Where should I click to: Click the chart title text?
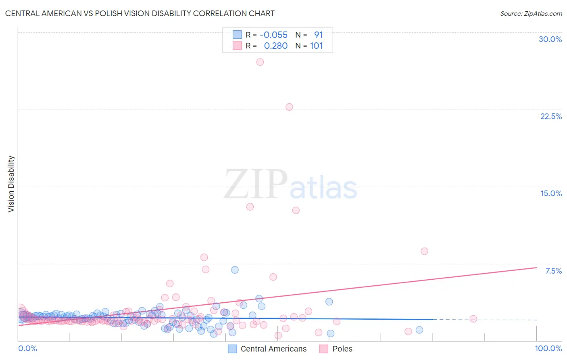point(140,13)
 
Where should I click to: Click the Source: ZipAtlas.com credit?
point(531,13)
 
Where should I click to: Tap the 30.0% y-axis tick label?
point(550,39)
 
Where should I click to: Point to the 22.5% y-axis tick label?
point(551,116)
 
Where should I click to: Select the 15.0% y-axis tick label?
point(551,193)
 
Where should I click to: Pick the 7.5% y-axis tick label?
point(553,271)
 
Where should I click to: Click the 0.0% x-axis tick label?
point(27,348)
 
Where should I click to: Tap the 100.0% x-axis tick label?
point(548,348)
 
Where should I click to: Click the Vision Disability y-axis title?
point(11,184)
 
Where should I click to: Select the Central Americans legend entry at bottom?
point(267,349)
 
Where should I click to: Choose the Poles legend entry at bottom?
point(336,349)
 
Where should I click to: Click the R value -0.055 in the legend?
point(273,35)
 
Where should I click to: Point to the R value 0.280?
point(276,46)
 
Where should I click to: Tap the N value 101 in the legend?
point(317,46)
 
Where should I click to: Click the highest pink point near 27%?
point(260,62)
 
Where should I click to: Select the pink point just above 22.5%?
point(289,107)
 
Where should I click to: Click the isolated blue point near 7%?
point(235,270)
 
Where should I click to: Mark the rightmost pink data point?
point(473,319)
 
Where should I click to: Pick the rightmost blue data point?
point(419,330)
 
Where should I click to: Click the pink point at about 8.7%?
point(424,251)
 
